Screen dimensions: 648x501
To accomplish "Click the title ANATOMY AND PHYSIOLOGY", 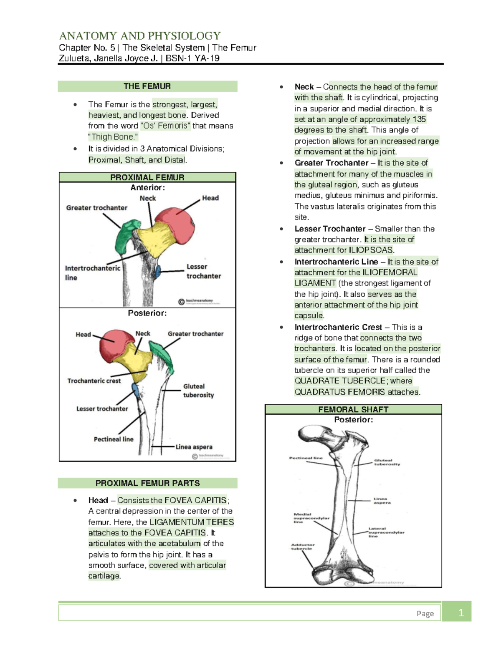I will [140, 36].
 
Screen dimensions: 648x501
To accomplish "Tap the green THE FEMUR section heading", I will [147, 86].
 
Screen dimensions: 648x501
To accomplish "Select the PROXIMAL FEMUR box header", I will [147, 177].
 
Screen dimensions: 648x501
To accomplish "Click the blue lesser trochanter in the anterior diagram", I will [158, 272].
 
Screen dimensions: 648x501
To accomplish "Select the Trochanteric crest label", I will [94, 381].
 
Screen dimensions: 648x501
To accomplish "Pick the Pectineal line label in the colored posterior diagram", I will [114, 439].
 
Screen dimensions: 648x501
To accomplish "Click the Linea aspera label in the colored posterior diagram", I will [194, 447].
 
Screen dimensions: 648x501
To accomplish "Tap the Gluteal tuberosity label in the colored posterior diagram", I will [198, 391].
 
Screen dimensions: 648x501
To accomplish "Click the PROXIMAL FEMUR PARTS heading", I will [147, 483].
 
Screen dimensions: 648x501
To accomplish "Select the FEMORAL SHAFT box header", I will [353, 409].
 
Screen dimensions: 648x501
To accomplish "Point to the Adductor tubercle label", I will [303, 547].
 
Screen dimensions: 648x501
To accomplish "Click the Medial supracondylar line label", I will [311, 518].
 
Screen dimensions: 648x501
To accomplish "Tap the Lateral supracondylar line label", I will [386, 532].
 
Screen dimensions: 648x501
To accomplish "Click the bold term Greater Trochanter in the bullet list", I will [331, 163].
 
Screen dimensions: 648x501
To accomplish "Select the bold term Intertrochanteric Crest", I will [338, 328].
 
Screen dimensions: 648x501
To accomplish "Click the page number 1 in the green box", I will [461, 613].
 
